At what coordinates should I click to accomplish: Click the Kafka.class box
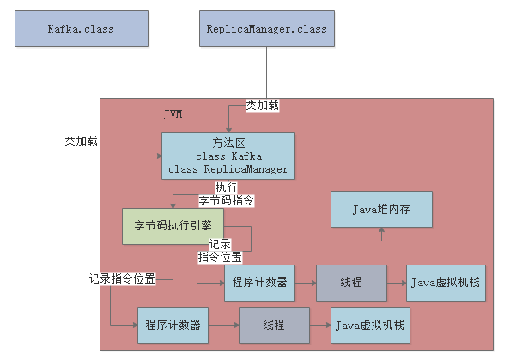pos(82,29)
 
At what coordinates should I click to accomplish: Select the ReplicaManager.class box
pos(267,29)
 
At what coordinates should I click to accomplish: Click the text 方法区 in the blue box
pos(228,143)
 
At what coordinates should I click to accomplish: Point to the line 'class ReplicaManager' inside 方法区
pos(228,169)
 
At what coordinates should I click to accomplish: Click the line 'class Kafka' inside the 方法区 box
pos(228,156)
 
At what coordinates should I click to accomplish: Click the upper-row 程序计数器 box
pos(259,283)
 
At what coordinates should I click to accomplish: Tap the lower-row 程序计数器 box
pos(173,326)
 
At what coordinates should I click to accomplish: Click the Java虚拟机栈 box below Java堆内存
pos(444,283)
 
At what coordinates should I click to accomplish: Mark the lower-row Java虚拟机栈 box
pos(370,326)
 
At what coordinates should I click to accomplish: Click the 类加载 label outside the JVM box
pos(81,141)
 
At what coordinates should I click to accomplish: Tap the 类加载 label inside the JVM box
pos(262,105)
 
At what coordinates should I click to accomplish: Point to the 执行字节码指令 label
pos(227,194)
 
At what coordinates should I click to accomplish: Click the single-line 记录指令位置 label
pos(122,279)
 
